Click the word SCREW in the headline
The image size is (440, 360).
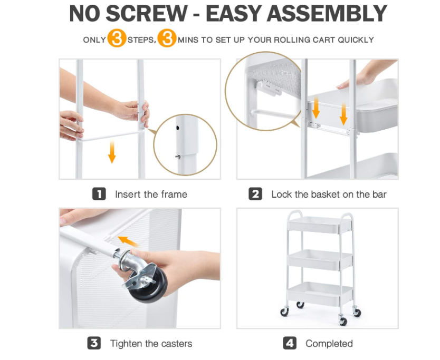pyautogui.click(x=146, y=13)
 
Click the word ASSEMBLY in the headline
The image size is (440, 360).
pyautogui.click(x=327, y=13)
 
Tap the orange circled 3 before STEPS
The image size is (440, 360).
pyautogui.click(x=117, y=38)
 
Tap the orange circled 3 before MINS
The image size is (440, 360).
pyautogui.click(x=167, y=38)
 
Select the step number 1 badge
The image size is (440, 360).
pyautogui.click(x=99, y=194)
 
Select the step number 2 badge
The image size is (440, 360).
pyautogui.click(x=255, y=194)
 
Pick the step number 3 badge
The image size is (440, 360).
pyautogui.click(x=94, y=343)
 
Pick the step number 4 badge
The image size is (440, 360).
pyautogui.click(x=290, y=343)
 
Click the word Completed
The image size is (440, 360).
pyautogui.click(x=329, y=344)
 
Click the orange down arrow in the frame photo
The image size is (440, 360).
pyautogui.click(x=112, y=152)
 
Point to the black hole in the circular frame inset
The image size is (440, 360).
pyautogui.click(x=178, y=128)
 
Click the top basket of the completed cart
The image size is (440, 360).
pyautogui.click(x=319, y=225)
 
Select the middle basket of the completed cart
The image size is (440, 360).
pyautogui.click(x=320, y=259)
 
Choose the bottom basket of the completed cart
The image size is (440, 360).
pyautogui.click(x=320, y=293)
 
